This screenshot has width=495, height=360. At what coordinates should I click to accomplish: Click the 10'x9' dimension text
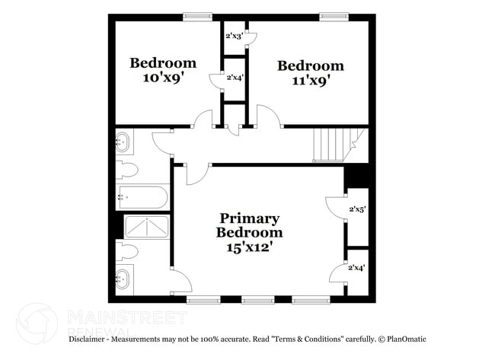tap(162, 77)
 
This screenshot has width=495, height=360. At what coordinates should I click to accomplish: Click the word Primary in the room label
tap(250, 218)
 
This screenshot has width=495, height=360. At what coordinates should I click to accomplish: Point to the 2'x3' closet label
tap(234, 36)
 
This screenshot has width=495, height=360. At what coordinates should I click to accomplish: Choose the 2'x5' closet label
tap(357, 209)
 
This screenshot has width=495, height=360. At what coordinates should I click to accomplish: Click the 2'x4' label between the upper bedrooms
tap(235, 77)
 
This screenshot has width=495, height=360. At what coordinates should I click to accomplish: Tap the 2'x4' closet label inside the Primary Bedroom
tap(356, 267)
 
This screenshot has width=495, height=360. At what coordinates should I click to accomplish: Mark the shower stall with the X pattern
tap(146, 227)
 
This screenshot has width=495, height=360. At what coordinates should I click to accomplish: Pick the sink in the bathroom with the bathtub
tap(123, 142)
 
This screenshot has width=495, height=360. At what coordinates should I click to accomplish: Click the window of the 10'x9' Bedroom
tap(197, 16)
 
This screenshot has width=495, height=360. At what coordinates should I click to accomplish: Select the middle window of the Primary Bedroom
tap(257, 300)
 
